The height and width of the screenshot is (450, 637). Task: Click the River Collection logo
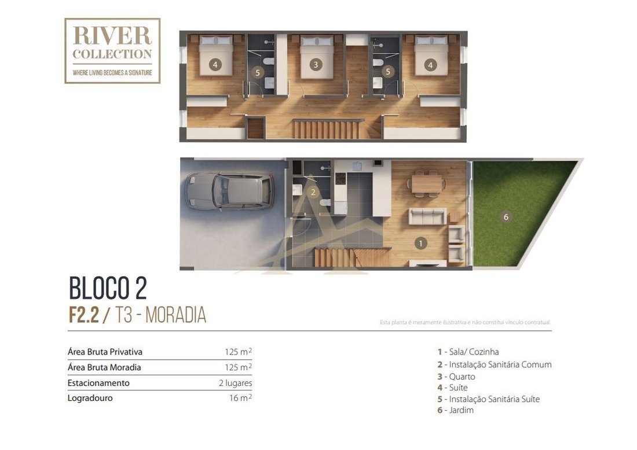click(x=112, y=51)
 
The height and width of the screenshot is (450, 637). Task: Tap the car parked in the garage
click(x=229, y=191)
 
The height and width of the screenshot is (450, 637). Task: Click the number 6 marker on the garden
click(x=506, y=217)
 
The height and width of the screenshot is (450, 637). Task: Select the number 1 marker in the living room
click(x=420, y=244)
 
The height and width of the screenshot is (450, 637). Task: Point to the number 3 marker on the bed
click(x=316, y=64)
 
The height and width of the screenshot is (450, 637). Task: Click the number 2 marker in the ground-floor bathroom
click(x=313, y=193)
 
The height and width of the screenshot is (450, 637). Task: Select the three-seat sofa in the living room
click(x=427, y=216)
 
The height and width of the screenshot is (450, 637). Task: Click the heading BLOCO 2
click(x=108, y=288)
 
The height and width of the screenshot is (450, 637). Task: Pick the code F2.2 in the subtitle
click(x=84, y=315)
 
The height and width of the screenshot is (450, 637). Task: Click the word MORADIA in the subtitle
click(x=176, y=315)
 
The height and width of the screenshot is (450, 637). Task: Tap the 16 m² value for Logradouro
click(x=240, y=398)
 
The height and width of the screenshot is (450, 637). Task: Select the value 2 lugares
click(x=235, y=383)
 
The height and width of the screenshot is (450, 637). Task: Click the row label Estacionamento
click(x=98, y=383)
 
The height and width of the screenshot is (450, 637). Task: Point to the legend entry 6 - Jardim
click(x=455, y=410)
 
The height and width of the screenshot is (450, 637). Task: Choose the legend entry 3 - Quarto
click(x=456, y=376)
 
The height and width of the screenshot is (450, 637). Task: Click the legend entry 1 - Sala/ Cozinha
click(x=468, y=352)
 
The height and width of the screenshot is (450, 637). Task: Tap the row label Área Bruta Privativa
click(x=105, y=352)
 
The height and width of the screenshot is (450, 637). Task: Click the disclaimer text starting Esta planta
click(x=465, y=322)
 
